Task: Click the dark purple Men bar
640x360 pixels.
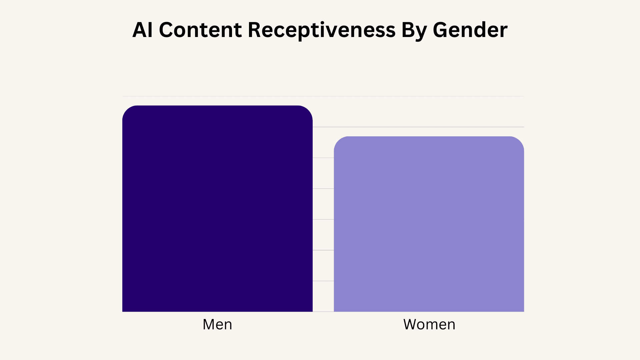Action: (217, 209)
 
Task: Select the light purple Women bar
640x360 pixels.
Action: (429, 224)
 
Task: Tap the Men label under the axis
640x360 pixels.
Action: (217, 324)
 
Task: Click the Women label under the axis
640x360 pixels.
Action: (429, 324)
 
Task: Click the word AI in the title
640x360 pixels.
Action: (143, 30)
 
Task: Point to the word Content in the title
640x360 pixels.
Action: (200, 30)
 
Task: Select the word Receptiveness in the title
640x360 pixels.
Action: (321, 30)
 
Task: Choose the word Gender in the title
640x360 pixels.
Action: (470, 30)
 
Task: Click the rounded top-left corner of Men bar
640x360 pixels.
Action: (127, 110)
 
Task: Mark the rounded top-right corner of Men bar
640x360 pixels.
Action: (308, 110)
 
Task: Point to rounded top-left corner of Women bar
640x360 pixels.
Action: (339, 141)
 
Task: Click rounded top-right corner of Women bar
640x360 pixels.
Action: (519, 141)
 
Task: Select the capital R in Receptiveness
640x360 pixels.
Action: (255, 30)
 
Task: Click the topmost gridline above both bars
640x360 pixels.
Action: (417, 96)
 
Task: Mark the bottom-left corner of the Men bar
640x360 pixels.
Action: (123, 311)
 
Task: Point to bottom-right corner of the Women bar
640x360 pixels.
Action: (523, 311)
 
